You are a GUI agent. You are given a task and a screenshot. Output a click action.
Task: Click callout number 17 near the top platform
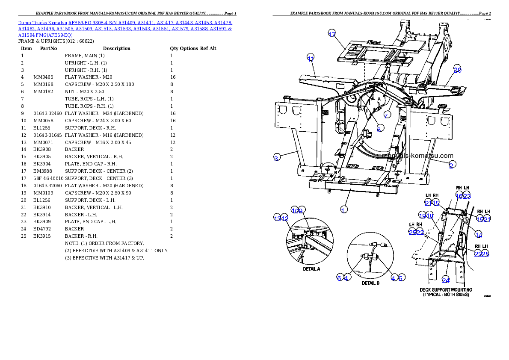[332, 34]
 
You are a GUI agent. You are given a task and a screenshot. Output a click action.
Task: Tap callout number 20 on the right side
[457, 70]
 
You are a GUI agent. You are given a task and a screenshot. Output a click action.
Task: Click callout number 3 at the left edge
[277, 158]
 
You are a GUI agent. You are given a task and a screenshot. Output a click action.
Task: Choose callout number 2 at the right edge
[451, 165]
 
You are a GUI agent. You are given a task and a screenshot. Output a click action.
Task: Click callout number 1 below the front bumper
[343, 209]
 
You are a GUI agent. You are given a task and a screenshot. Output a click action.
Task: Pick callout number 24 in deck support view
[446, 280]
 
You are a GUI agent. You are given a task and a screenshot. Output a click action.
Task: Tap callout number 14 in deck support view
[479, 235]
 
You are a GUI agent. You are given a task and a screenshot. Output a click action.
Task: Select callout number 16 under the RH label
[459, 195]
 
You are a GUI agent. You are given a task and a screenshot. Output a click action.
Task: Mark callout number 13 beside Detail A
[277, 218]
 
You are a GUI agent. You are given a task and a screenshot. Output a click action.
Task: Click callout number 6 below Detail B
[339, 278]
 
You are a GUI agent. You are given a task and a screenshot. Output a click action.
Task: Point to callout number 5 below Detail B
[401, 277]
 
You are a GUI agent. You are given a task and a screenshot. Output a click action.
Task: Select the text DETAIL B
[371, 283]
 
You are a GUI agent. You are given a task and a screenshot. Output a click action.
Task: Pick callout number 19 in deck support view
[423, 215]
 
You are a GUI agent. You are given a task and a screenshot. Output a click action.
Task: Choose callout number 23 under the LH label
[467, 195]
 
